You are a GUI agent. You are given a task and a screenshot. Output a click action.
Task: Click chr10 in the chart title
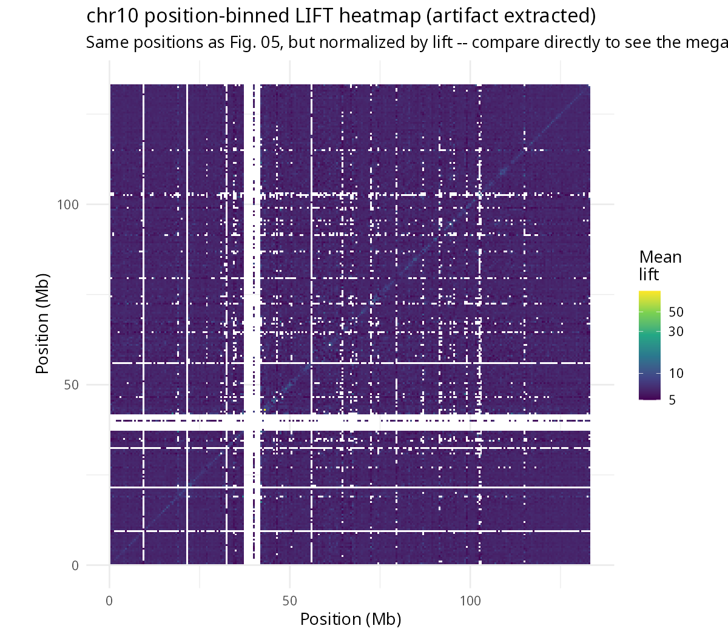tap(112, 16)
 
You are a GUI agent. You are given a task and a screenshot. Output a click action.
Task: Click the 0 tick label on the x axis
tap(109, 601)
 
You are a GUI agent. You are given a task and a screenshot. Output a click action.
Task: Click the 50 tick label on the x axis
tap(289, 601)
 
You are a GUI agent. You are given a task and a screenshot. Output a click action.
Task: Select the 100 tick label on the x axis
tap(470, 601)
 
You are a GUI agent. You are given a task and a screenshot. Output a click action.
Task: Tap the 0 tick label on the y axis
tap(75, 565)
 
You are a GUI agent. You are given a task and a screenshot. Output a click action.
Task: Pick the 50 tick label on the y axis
tap(71, 385)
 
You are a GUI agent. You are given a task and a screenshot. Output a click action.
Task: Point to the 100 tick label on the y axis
tap(68, 204)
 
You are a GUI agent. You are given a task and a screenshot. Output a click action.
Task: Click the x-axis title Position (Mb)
tap(351, 619)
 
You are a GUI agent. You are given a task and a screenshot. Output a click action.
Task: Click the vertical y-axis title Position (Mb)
tap(42, 323)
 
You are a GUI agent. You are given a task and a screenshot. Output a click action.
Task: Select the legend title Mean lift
tap(660, 266)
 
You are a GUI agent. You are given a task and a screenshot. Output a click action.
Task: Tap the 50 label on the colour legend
tap(676, 312)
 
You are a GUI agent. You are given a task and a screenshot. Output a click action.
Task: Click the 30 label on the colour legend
tap(676, 332)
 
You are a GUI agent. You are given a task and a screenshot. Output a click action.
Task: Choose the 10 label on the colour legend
tap(676, 373)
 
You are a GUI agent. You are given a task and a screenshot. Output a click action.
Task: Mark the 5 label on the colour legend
tap(672, 400)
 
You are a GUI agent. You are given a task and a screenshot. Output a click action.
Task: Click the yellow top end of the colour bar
tap(650, 292)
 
